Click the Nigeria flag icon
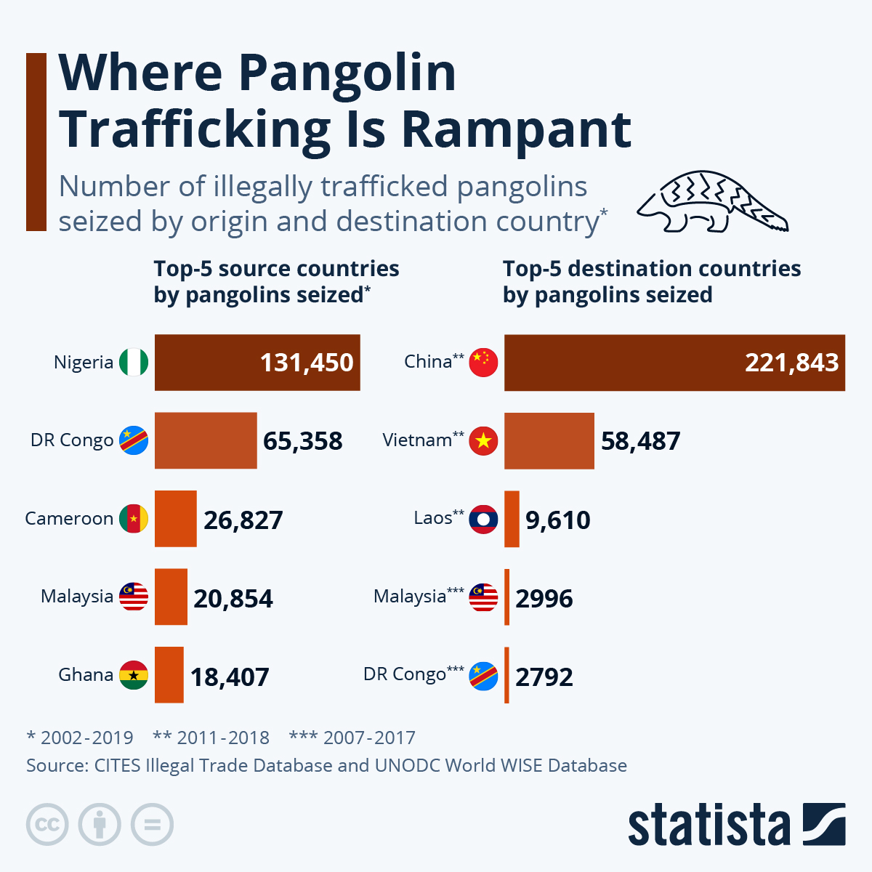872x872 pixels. tap(134, 362)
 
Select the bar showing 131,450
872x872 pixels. tap(257, 363)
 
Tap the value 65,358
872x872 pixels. tap(302, 441)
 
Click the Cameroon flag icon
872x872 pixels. tap(134, 519)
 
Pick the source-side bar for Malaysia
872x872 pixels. tap(171, 597)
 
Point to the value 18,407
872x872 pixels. tap(230, 677)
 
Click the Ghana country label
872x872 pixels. tap(86, 674)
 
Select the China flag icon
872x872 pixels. tap(483, 362)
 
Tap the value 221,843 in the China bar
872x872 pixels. tap(791, 363)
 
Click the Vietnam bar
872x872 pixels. tap(549, 441)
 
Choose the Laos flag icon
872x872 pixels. tap(483, 519)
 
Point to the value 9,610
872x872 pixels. tap(557, 520)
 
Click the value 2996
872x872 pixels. tap(544, 599)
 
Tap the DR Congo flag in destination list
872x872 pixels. tap(483, 676)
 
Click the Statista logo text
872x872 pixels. tap(708, 825)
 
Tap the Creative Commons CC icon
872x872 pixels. tap(47, 825)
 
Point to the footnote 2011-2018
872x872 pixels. tap(211, 738)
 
